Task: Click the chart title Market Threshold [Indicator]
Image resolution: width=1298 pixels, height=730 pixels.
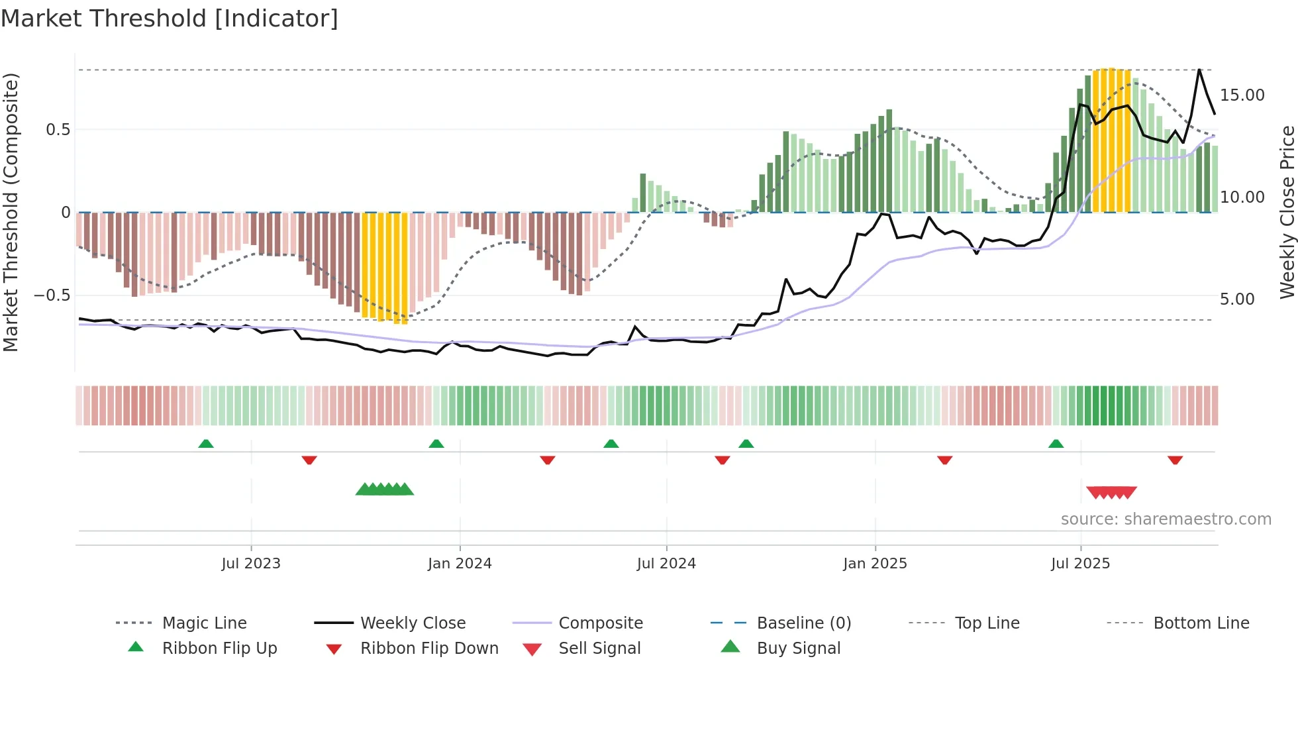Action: (170, 19)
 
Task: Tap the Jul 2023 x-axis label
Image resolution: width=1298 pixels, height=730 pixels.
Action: (251, 564)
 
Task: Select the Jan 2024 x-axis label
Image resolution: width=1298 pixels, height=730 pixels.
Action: (460, 564)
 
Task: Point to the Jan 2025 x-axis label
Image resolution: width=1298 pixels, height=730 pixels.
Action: (875, 564)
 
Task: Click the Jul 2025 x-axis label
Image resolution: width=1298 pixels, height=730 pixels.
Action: (1080, 564)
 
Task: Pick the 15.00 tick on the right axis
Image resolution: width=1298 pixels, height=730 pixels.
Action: (1242, 95)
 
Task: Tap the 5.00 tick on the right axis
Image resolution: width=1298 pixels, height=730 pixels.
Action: (1237, 299)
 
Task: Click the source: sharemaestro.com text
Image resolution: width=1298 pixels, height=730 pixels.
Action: (1166, 519)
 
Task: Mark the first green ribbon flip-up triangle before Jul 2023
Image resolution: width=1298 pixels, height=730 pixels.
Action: (206, 444)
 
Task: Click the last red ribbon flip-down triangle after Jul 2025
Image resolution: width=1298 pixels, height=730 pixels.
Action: (1175, 460)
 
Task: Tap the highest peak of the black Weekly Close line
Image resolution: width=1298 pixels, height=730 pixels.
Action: (1199, 70)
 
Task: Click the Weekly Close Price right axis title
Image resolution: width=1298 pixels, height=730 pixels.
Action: (1287, 212)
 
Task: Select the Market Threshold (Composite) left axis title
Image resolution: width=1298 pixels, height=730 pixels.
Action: (11, 212)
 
